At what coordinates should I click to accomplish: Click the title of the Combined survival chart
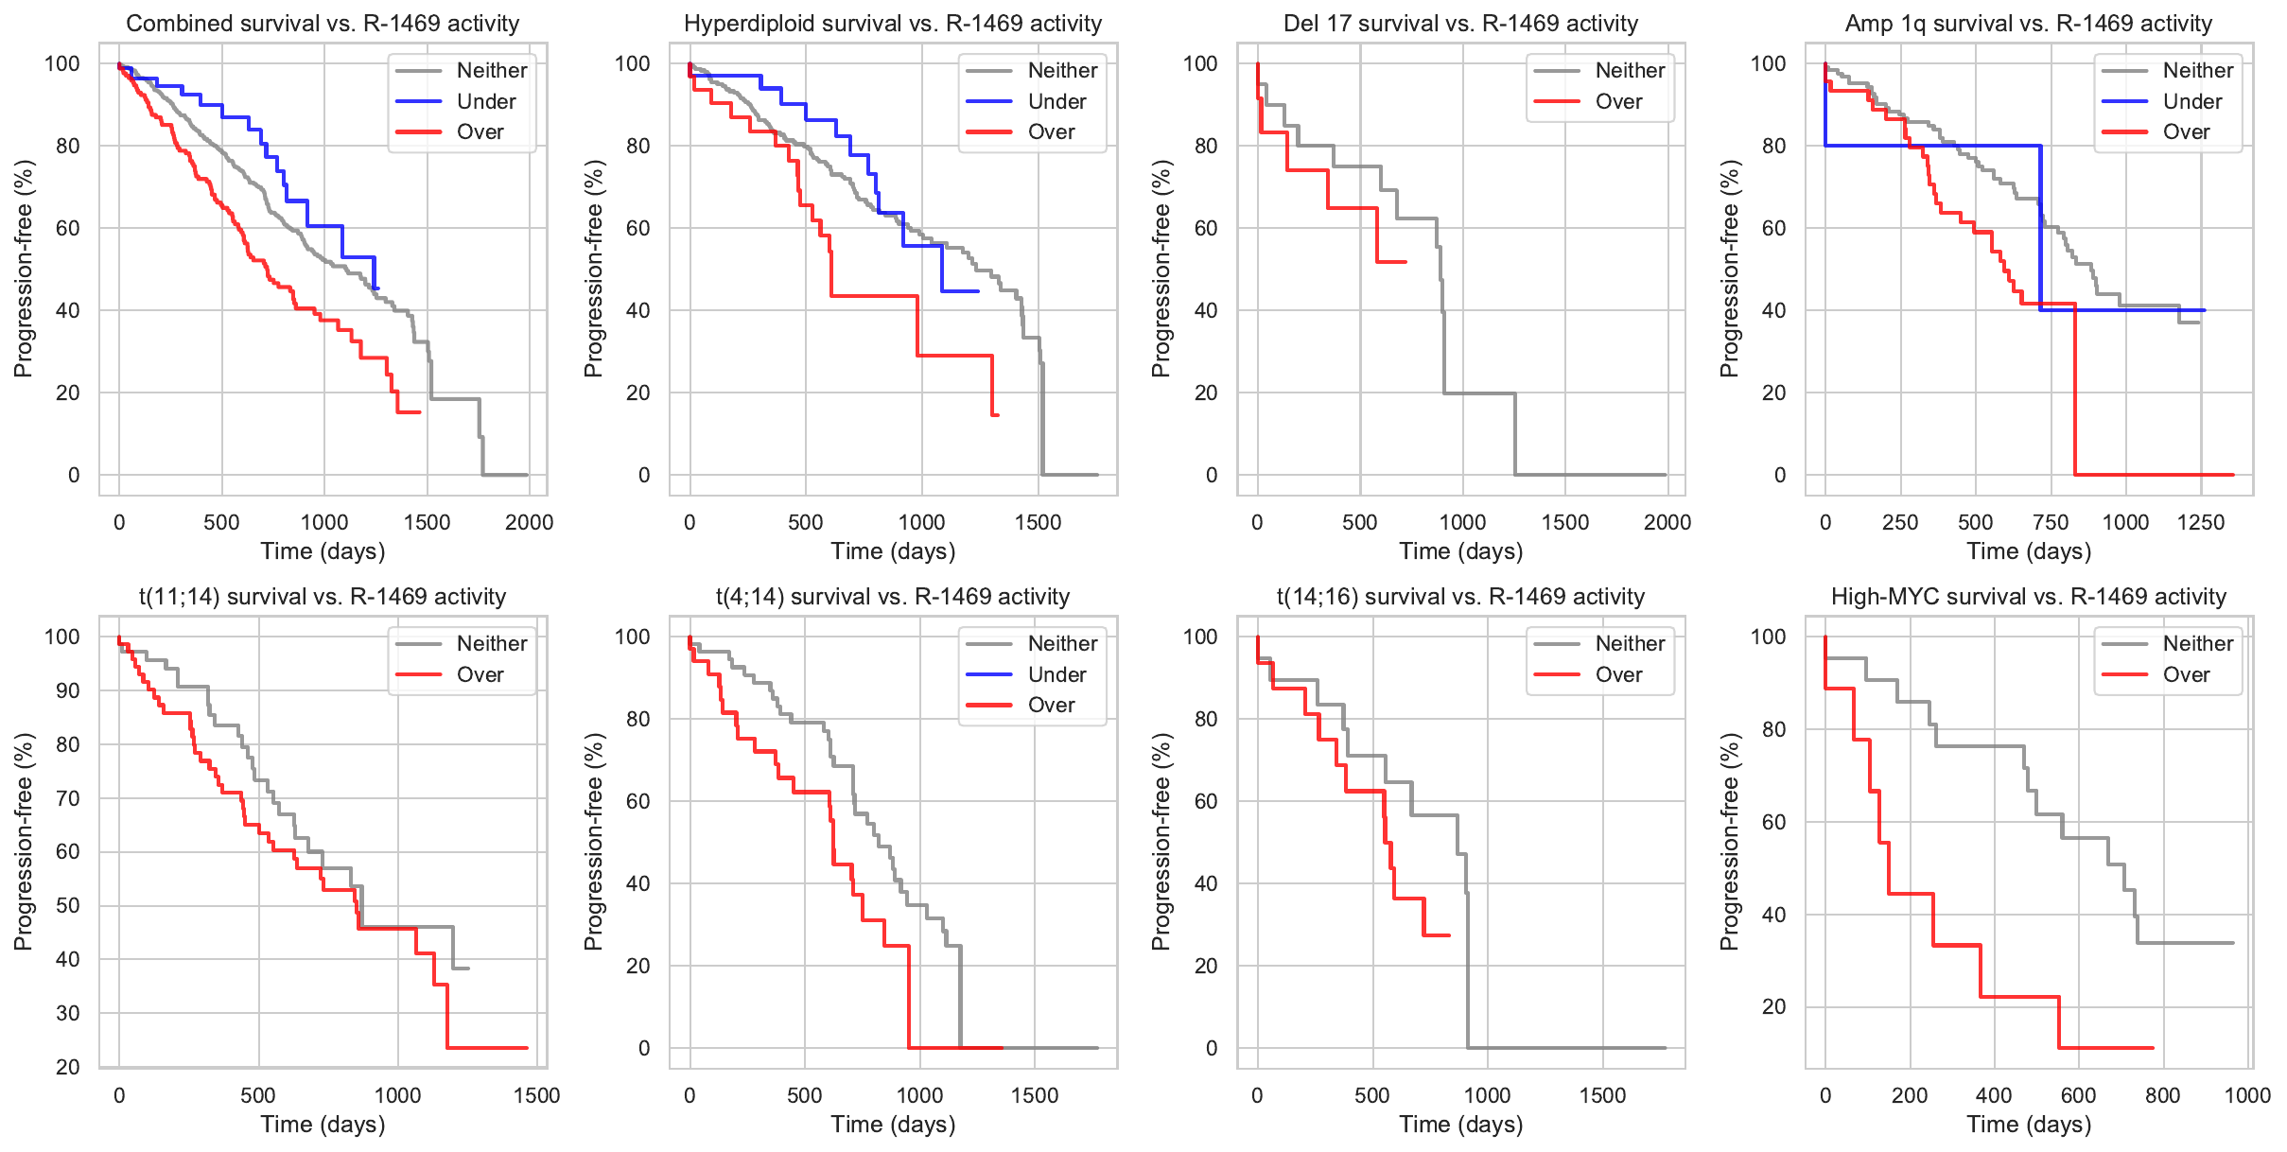[x=323, y=24]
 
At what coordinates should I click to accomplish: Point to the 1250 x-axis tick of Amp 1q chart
[x=2200, y=522]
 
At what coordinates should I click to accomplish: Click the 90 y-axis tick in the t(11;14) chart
[x=68, y=690]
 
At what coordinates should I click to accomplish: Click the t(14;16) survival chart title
[x=1460, y=597]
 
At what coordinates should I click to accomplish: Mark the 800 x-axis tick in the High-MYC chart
[x=2162, y=1095]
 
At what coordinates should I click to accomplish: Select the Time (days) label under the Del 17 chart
[x=1460, y=551]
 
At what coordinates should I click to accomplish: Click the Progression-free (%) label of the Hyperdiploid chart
[x=593, y=269]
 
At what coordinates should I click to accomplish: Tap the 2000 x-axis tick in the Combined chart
[x=529, y=522]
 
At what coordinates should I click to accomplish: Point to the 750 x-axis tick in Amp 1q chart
[x=2051, y=522]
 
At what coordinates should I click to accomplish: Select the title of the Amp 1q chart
[x=2028, y=24]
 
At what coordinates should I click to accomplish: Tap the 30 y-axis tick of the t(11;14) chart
[x=68, y=1013]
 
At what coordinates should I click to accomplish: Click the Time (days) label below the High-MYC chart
[x=2028, y=1125]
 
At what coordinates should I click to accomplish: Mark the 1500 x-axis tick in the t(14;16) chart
[x=1602, y=1095]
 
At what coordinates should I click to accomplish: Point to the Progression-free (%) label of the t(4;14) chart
[x=593, y=842]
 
